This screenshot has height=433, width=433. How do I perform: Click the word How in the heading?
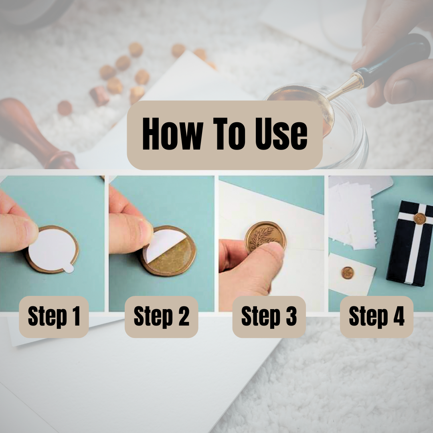(172, 134)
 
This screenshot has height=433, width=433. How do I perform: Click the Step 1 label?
(54, 316)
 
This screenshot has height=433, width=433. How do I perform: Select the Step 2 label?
(162, 316)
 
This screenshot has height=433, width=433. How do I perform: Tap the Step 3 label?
(269, 316)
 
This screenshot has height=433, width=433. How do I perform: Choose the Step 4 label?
(376, 316)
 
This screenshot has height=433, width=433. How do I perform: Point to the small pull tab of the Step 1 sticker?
(68, 268)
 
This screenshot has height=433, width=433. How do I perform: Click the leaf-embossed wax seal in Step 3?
(265, 237)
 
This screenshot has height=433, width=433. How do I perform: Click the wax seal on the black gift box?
(420, 219)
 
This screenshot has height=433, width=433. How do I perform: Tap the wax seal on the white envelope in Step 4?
(347, 273)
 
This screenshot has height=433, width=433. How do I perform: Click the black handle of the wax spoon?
(392, 61)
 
